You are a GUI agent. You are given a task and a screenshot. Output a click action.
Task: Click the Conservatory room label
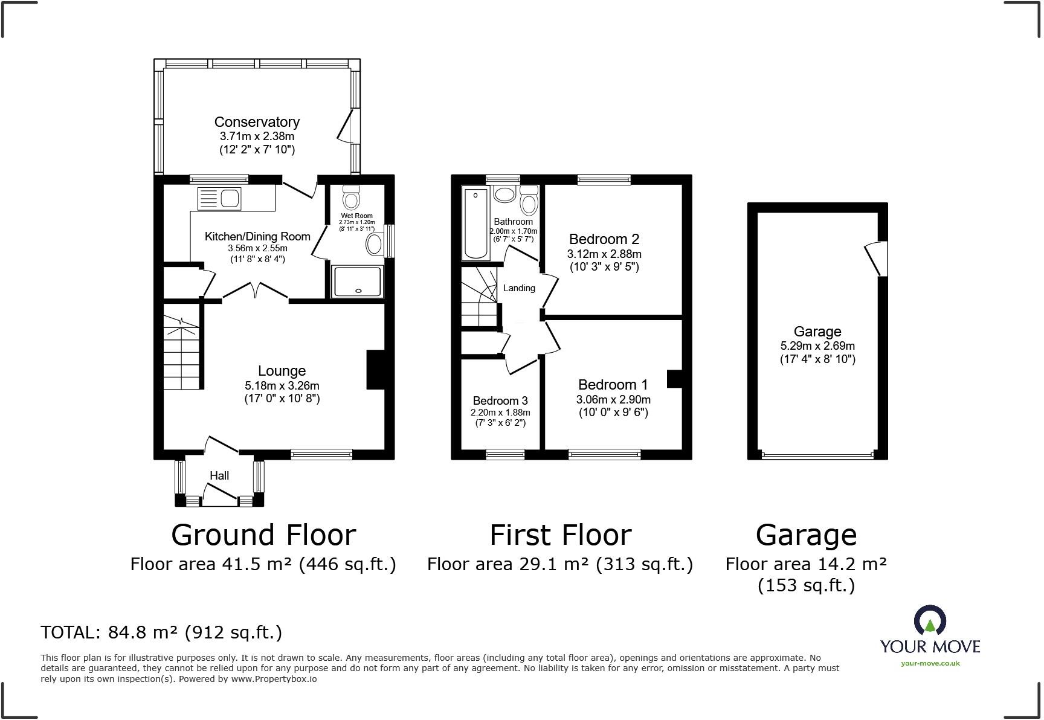point(257,122)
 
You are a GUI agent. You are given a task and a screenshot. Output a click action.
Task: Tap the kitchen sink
point(230,198)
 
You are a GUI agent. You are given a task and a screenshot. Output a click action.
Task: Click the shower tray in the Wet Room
point(358,281)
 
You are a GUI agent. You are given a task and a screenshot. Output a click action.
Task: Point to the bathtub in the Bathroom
point(477,223)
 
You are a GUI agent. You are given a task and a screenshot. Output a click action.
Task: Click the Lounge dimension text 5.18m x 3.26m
point(282,385)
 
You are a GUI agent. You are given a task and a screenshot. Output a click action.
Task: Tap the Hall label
point(219,475)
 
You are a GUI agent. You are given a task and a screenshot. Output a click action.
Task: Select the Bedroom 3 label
point(500,400)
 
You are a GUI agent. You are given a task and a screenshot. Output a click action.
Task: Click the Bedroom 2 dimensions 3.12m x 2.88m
point(604,254)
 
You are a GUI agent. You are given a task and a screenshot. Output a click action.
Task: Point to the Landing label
point(519,288)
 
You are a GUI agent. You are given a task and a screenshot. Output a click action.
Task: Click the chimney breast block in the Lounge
point(375,369)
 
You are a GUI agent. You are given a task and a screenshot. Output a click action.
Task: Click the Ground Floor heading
point(263,535)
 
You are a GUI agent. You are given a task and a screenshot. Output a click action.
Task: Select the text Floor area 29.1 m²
point(507,564)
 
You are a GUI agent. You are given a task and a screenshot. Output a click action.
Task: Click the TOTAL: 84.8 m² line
point(161,632)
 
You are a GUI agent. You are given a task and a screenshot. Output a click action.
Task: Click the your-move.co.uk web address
point(930,663)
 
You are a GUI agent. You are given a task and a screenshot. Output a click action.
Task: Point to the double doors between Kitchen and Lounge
point(256,291)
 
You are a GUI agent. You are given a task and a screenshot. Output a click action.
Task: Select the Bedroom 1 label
point(613,385)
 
